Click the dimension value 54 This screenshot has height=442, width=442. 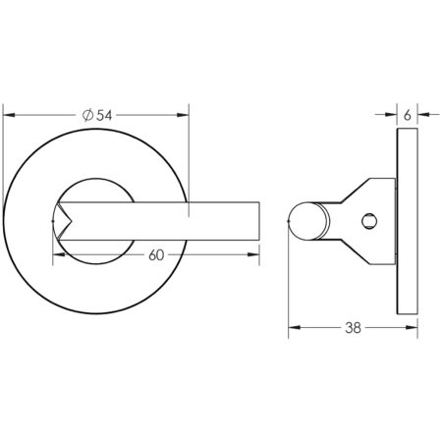point(104,115)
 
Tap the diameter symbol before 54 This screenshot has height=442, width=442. point(87,115)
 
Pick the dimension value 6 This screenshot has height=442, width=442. point(407,115)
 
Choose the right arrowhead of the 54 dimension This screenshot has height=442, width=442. point(185,115)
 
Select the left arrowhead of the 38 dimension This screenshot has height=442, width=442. point(292,330)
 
